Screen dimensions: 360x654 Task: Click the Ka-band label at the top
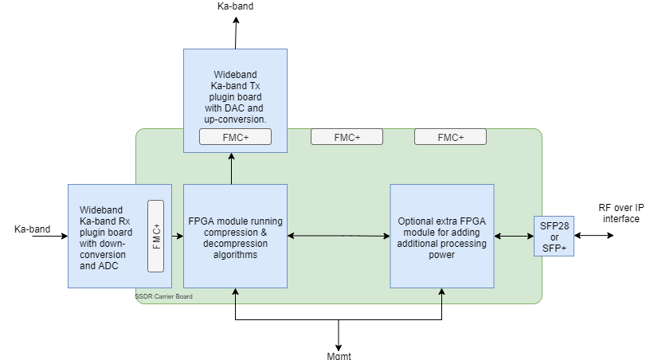(235, 6)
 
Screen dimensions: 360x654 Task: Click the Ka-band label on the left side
(32, 229)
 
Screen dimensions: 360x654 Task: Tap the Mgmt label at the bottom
(338, 355)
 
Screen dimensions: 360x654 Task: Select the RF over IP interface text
(621, 213)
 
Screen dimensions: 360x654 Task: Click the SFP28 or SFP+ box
(554, 235)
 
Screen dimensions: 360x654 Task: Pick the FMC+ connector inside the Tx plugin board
(235, 138)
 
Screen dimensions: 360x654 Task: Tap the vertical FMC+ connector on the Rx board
(156, 236)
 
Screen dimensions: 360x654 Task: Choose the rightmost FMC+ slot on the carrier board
(450, 137)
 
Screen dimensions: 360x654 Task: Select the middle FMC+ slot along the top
(347, 137)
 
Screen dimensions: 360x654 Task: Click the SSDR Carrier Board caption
(163, 297)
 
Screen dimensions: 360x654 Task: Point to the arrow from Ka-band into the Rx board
(56, 236)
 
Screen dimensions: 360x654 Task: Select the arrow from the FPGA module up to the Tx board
(232, 169)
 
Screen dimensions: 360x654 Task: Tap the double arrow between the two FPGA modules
(338, 236)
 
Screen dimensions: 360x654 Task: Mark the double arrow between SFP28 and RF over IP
(593, 236)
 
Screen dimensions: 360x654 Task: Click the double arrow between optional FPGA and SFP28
(513, 236)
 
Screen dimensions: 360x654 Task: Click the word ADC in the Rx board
(108, 266)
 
